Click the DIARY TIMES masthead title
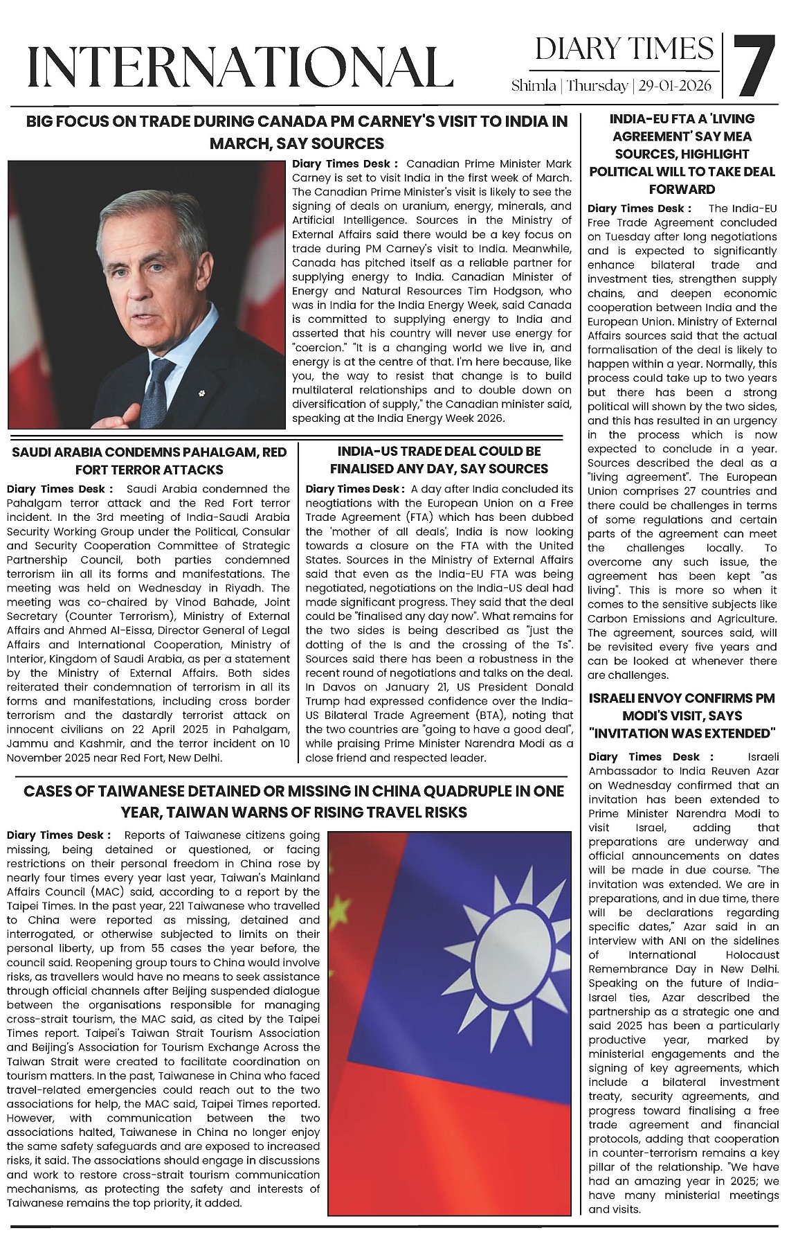624,48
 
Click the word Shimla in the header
534,86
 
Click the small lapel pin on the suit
201,394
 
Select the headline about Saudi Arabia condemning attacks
149,461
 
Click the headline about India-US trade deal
438,460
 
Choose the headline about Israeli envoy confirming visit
682,715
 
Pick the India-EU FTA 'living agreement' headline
682,154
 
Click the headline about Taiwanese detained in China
293,801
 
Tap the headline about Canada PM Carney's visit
296,132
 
